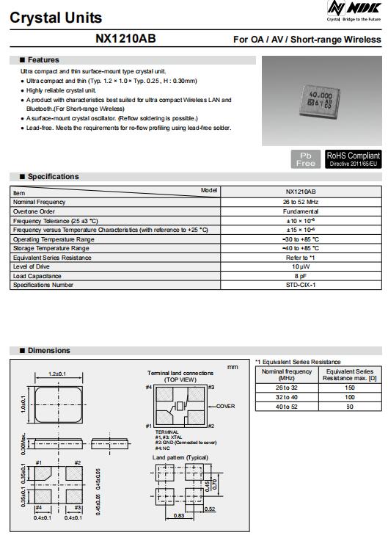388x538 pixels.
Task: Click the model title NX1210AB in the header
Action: pos(125,39)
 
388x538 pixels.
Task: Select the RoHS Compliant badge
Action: pos(354,159)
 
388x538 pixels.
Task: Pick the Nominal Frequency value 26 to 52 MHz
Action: pos(301,201)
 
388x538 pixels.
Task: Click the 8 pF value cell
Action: pos(301,276)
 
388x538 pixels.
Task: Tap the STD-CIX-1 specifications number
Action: pos(301,285)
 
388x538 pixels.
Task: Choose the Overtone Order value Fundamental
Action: pos(301,211)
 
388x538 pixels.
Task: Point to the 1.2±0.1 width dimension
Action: pos(57,374)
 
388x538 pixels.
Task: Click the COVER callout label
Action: pos(225,406)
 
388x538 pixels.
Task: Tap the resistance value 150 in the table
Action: pos(350,387)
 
